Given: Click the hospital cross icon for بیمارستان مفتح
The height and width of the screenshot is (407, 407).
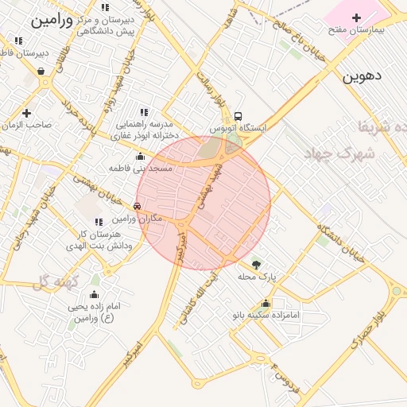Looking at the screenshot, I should (x=355, y=17).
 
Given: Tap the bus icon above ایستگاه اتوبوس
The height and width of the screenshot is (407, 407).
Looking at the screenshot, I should (x=238, y=115).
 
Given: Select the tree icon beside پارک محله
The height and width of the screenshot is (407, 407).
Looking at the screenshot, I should (x=256, y=264).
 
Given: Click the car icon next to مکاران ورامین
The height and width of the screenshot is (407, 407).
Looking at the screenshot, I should (x=138, y=207).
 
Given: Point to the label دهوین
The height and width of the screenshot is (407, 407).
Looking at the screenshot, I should (x=362, y=77).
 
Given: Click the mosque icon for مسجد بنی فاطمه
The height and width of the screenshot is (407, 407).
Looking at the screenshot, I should (x=141, y=157).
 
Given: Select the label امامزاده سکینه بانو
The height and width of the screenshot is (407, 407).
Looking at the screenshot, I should (x=266, y=315).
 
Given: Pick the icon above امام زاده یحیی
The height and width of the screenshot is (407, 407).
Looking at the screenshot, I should (x=94, y=295).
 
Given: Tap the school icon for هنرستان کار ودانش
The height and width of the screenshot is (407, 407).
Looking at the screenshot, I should (x=99, y=223).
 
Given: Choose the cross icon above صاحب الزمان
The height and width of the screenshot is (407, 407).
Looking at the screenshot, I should (x=26, y=113).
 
